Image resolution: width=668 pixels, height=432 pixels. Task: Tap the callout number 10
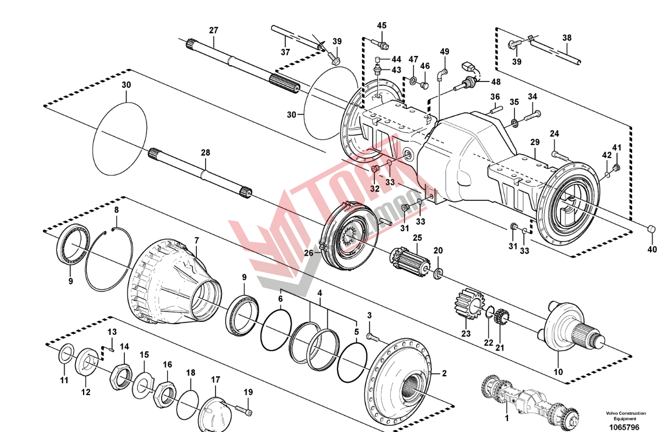558,372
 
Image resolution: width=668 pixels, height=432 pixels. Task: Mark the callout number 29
535,142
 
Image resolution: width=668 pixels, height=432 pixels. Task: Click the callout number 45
382,26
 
